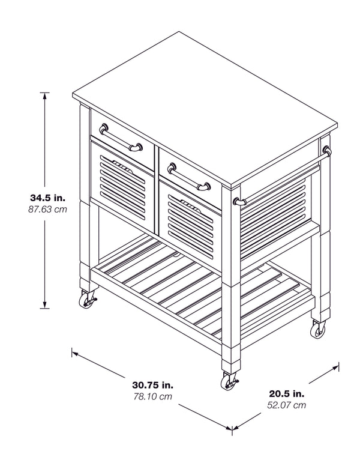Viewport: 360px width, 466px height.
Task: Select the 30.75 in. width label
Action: click(153, 385)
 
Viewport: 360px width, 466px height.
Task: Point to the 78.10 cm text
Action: click(153, 397)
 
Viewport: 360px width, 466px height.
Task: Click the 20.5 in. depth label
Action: click(286, 393)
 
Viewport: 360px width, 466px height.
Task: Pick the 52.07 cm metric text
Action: click(286, 405)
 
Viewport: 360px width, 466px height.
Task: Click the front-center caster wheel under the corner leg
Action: click(228, 381)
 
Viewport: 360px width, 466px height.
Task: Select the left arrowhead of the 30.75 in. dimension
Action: click(75, 353)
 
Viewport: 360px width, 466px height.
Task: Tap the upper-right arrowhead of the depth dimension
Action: click(337, 366)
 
